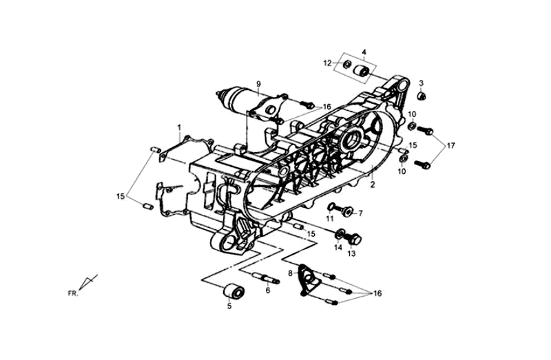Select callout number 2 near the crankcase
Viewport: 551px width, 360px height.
click(372, 184)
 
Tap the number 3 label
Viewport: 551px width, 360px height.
click(421, 83)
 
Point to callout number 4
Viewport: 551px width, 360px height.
click(364, 52)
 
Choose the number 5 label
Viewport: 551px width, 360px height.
click(229, 306)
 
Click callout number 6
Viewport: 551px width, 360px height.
click(268, 290)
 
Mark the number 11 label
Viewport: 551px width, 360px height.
click(330, 218)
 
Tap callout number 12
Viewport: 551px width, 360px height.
click(329, 63)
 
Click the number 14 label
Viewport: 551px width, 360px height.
click(338, 247)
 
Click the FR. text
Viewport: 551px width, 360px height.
click(72, 293)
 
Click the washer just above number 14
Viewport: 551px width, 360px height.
click(340, 233)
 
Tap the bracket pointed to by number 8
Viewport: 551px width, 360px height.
click(307, 279)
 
